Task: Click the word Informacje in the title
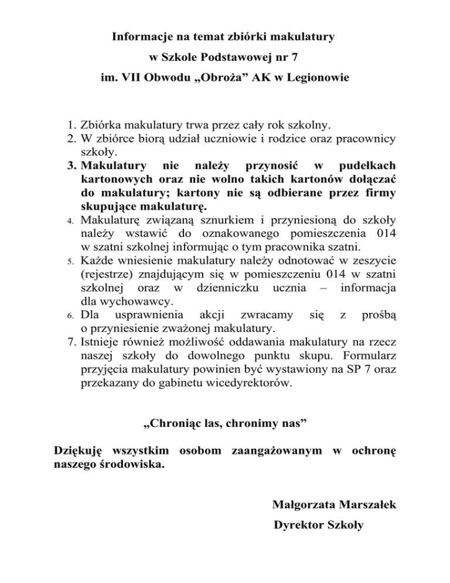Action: [139, 37]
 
